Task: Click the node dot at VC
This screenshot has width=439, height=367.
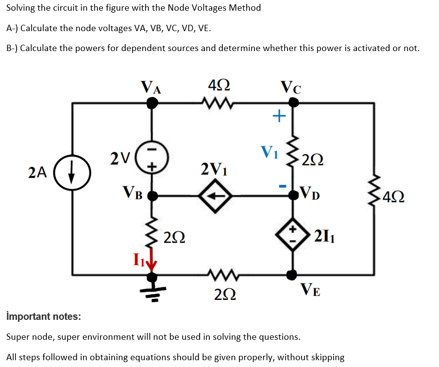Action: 293,103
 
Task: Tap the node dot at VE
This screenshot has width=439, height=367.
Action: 292,276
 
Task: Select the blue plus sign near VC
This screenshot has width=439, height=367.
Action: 279,116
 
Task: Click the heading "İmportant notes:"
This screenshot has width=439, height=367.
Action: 44,316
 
